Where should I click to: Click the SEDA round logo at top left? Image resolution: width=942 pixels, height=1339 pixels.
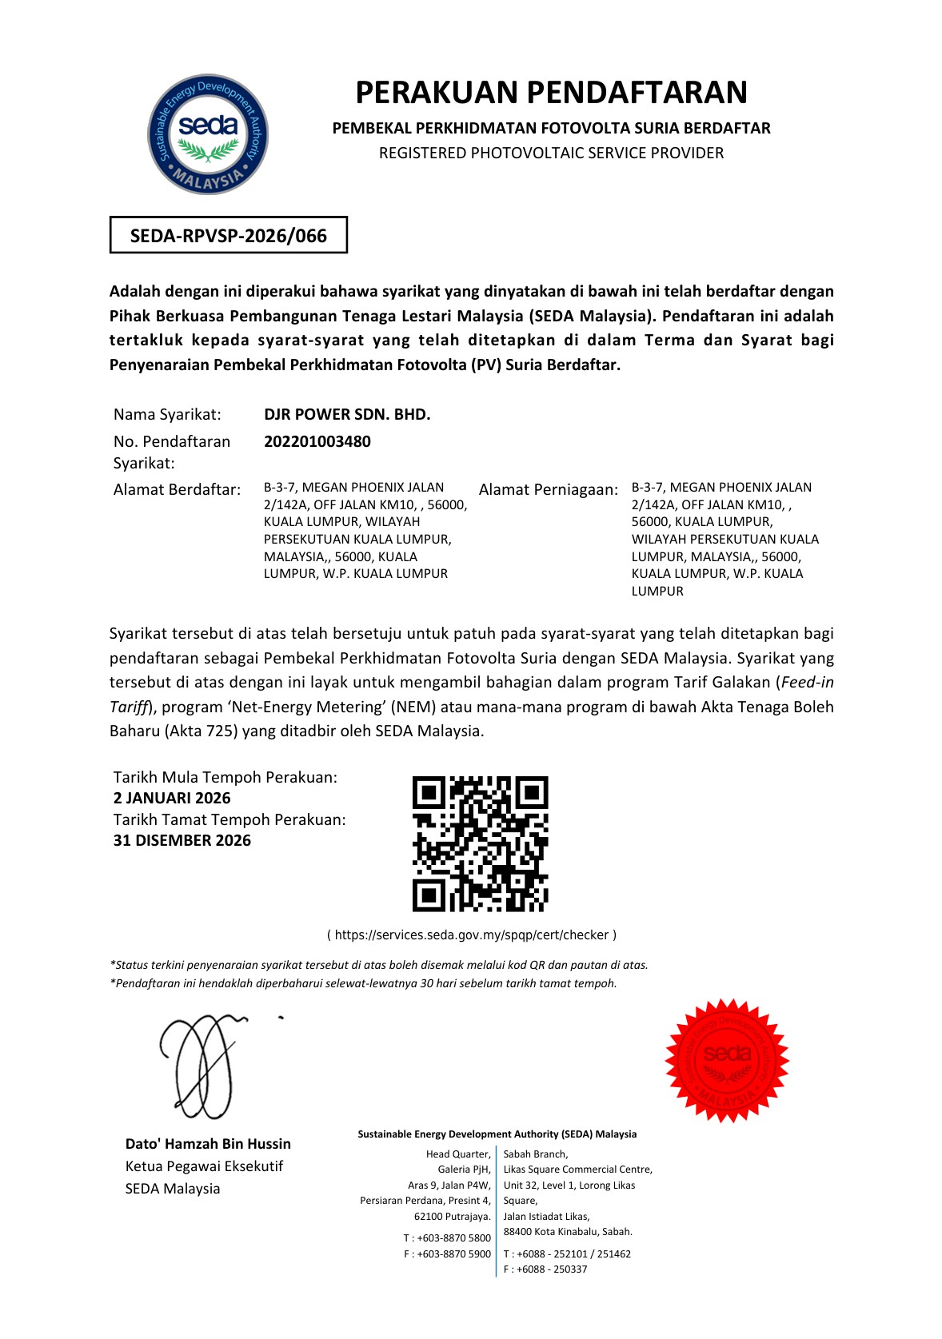click(208, 134)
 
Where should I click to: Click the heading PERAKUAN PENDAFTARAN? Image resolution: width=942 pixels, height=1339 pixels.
click(551, 93)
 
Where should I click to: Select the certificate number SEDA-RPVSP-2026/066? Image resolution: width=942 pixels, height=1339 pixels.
click(229, 236)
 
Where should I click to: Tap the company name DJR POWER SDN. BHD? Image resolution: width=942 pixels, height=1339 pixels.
click(347, 414)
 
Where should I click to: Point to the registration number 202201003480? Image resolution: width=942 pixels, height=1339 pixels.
click(317, 441)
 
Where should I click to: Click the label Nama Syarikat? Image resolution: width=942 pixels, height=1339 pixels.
click(167, 414)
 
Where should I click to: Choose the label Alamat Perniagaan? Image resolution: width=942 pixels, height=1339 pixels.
click(549, 489)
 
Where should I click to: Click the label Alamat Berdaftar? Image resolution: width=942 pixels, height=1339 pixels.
click(177, 489)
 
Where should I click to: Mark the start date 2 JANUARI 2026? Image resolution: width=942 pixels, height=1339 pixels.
click(172, 798)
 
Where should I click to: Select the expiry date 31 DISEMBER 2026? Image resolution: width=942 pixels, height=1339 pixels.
click(182, 840)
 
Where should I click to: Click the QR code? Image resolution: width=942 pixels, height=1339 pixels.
click(481, 843)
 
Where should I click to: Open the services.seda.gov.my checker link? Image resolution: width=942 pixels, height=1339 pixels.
click(472, 935)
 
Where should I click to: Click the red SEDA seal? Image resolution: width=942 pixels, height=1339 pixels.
click(727, 1060)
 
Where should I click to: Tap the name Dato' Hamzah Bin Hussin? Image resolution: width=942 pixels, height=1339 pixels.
click(208, 1144)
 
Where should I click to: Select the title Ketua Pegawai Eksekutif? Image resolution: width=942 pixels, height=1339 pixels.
click(204, 1166)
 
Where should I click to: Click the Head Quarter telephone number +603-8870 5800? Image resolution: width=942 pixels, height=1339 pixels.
click(453, 1237)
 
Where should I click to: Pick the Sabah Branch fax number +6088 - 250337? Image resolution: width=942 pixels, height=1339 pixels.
click(552, 1269)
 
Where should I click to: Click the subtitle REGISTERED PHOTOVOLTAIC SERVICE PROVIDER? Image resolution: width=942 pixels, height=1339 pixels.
click(551, 153)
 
